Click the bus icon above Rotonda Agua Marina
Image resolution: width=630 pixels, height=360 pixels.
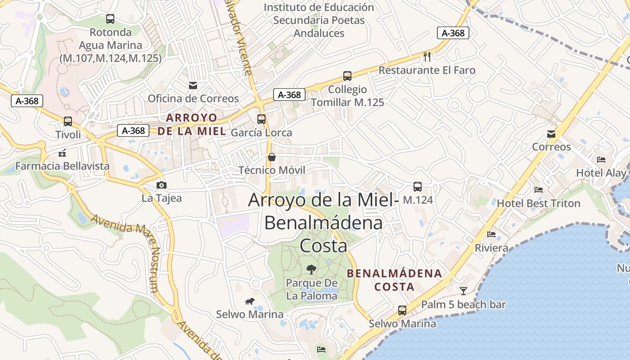click(110, 19)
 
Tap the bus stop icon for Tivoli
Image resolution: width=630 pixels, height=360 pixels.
click(68, 121)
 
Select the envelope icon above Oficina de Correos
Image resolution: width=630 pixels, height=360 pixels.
click(193, 85)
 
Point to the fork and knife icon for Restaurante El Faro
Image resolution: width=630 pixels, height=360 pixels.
click(427, 57)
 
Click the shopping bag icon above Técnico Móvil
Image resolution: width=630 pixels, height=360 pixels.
click(272, 157)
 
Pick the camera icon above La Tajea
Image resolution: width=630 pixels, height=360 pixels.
click(162, 185)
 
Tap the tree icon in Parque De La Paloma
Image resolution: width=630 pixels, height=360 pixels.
click(311, 270)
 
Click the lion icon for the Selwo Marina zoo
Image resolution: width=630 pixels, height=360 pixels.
click(249, 301)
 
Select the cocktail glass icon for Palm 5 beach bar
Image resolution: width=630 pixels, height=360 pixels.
click(463, 291)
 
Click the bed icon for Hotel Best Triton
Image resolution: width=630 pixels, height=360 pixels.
click(539, 190)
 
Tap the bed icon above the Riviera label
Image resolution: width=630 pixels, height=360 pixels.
click(491, 234)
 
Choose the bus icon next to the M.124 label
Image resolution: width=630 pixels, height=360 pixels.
click(418, 187)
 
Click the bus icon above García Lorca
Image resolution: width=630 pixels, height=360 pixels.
click(261, 119)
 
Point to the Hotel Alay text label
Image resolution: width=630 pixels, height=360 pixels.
click(601, 173)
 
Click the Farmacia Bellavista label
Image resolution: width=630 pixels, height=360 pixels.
click(63, 166)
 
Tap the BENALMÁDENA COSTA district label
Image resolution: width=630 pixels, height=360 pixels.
click(395, 280)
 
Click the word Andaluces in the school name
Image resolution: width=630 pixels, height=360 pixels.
click(319, 33)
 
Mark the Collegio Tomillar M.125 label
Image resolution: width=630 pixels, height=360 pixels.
click(347, 96)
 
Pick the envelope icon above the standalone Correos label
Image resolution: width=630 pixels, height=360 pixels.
click(551, 134)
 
